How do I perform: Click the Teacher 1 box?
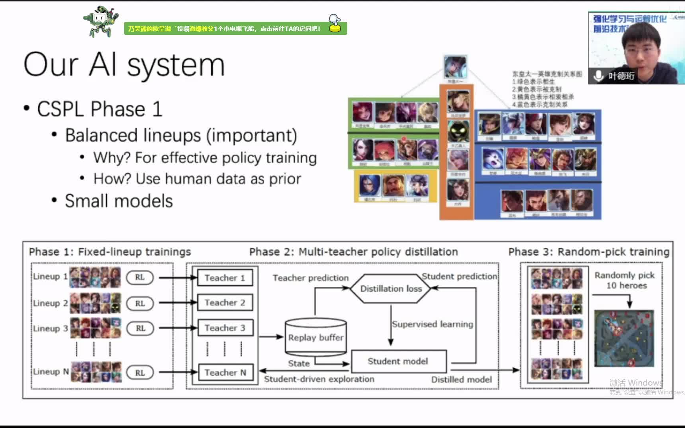coord(225,278)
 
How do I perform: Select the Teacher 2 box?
coord(225,303)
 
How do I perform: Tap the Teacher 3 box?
coord(225,328)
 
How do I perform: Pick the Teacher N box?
coord(225,373)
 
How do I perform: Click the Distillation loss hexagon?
coord(391,289)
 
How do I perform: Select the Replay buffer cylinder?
coord(316,337)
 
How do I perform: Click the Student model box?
coord(398,361)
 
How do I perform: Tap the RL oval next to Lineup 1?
coord(140,277)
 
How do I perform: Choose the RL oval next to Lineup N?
coord(140,373)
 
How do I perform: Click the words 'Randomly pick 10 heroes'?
coord(625,280)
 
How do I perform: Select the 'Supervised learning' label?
coord(432,324)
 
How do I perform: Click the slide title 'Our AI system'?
coord(124,65)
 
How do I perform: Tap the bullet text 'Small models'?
coord(119,201)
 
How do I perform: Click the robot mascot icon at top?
coord(100,22)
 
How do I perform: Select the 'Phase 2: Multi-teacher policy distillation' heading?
coord(353,252)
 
